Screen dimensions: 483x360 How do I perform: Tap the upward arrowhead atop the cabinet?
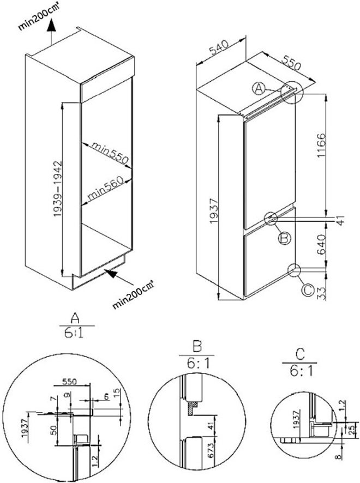tap(50, 23)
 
